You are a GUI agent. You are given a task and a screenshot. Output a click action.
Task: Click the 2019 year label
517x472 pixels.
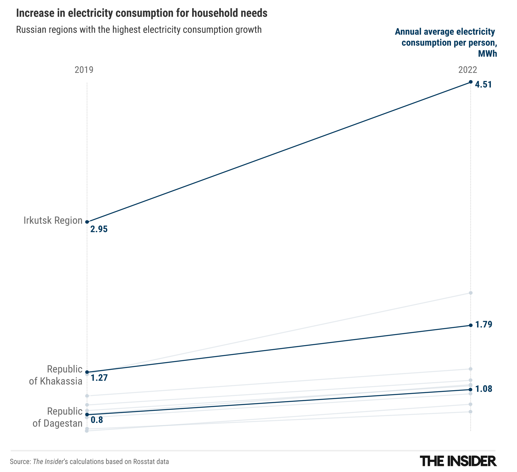click(84, 70)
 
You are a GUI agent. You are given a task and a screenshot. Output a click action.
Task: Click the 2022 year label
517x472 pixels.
click(468, 70)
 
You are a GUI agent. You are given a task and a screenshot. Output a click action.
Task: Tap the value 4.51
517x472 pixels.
click(483, 85)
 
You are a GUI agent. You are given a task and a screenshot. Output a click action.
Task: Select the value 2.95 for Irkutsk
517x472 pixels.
click(99, 229)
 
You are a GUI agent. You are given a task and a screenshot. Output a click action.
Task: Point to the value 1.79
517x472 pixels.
click(484, 325)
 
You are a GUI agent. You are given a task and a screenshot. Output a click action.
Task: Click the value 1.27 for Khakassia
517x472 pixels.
click(99, 378)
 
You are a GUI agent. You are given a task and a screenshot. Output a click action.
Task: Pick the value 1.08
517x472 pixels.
click(484, 389)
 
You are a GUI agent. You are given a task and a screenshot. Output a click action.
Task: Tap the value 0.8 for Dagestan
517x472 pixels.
click(97, 420)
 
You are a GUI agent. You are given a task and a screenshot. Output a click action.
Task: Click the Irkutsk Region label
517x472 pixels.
click(53, 220)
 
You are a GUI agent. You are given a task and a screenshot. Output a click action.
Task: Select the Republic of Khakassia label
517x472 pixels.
click(56, 375)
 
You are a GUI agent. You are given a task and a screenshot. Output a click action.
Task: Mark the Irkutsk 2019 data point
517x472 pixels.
click(87, 222)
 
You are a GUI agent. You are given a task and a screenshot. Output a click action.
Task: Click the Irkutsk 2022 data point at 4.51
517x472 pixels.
click(470, 82)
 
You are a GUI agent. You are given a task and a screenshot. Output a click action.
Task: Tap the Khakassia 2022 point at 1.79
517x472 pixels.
click(470, 325)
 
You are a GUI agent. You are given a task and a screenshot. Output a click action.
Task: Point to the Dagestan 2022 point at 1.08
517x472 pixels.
click(470, 390)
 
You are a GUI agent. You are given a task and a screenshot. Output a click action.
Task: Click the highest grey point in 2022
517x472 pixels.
click(470, 293)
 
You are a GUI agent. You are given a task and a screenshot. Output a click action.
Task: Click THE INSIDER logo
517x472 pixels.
click(458, 461)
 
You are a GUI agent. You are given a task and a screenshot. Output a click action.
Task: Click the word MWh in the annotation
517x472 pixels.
click(487, 54)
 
